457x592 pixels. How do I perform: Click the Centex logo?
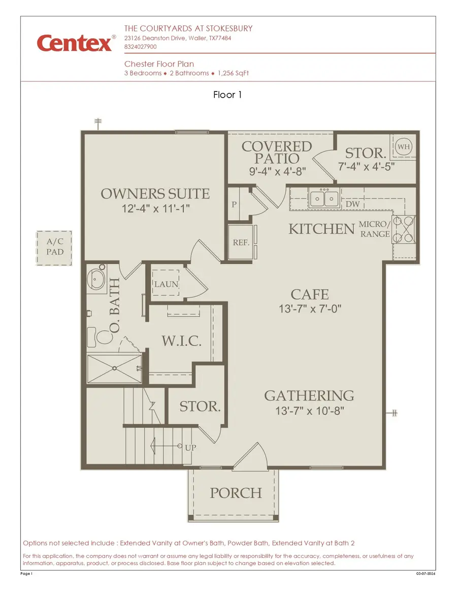74,43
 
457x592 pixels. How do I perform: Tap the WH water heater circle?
404,146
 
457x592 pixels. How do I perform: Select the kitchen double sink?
323,198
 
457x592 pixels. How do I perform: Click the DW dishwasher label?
353,204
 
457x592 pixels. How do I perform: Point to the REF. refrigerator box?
241,242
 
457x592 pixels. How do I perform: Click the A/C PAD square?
54,248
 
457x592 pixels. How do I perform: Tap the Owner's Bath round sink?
96,279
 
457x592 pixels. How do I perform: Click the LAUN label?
166,284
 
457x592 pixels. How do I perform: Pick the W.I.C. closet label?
181,341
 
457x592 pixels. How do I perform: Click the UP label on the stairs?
191,448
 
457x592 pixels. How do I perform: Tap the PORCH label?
236,493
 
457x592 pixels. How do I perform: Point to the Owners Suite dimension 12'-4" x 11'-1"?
155,208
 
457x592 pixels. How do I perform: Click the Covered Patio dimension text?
276,172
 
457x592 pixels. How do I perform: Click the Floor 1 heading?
228,95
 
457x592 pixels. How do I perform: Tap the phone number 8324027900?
141,47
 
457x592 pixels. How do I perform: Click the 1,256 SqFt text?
233,73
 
